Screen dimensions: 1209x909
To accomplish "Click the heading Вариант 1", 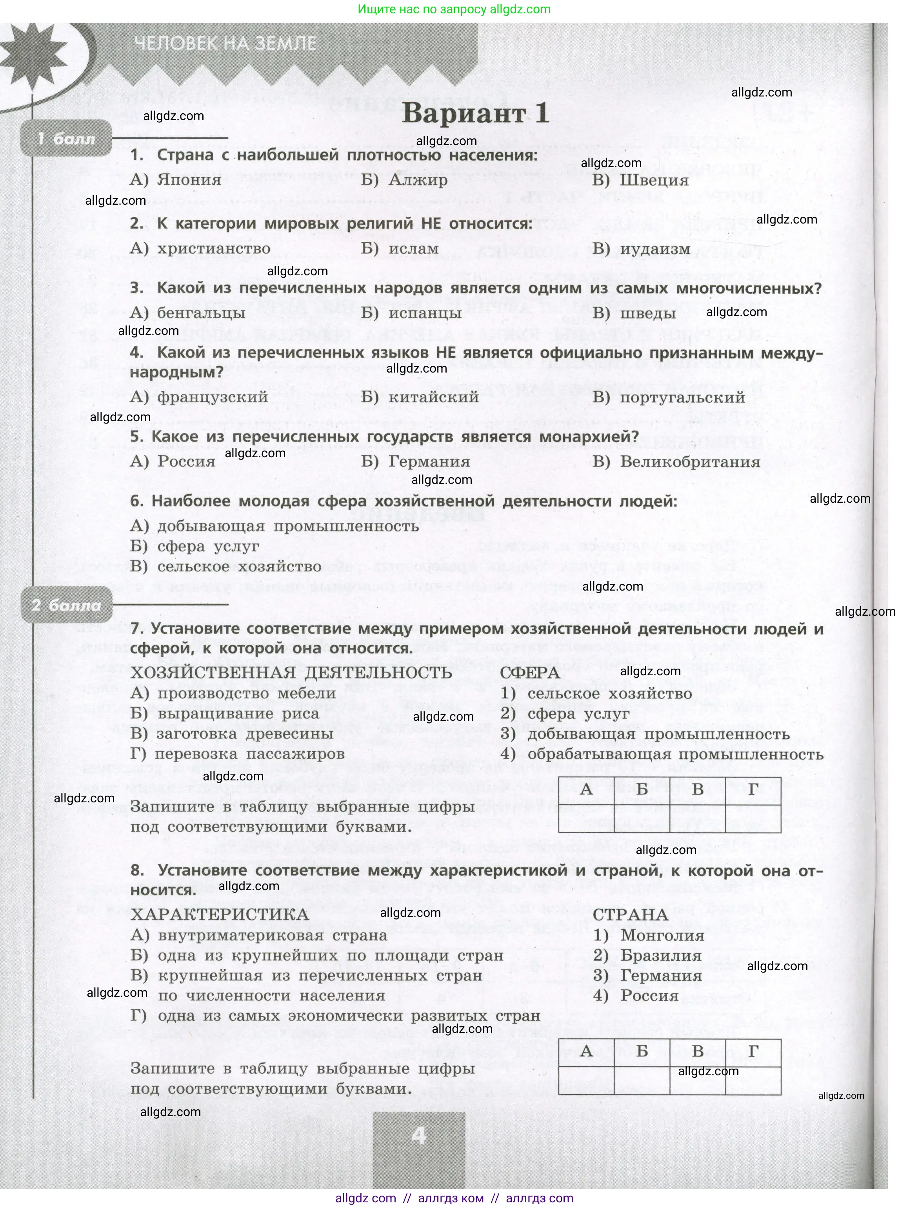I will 474,114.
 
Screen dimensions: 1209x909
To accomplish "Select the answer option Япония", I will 189,180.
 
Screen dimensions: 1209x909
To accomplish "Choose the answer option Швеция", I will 654,180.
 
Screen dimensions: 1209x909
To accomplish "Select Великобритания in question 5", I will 690,462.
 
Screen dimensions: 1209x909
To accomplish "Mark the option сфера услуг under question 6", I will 208,547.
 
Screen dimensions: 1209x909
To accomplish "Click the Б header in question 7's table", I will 642,789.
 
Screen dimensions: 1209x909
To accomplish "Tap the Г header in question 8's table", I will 753,1051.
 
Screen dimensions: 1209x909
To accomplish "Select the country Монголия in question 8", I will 662,935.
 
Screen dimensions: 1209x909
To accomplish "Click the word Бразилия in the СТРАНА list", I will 661,955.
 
